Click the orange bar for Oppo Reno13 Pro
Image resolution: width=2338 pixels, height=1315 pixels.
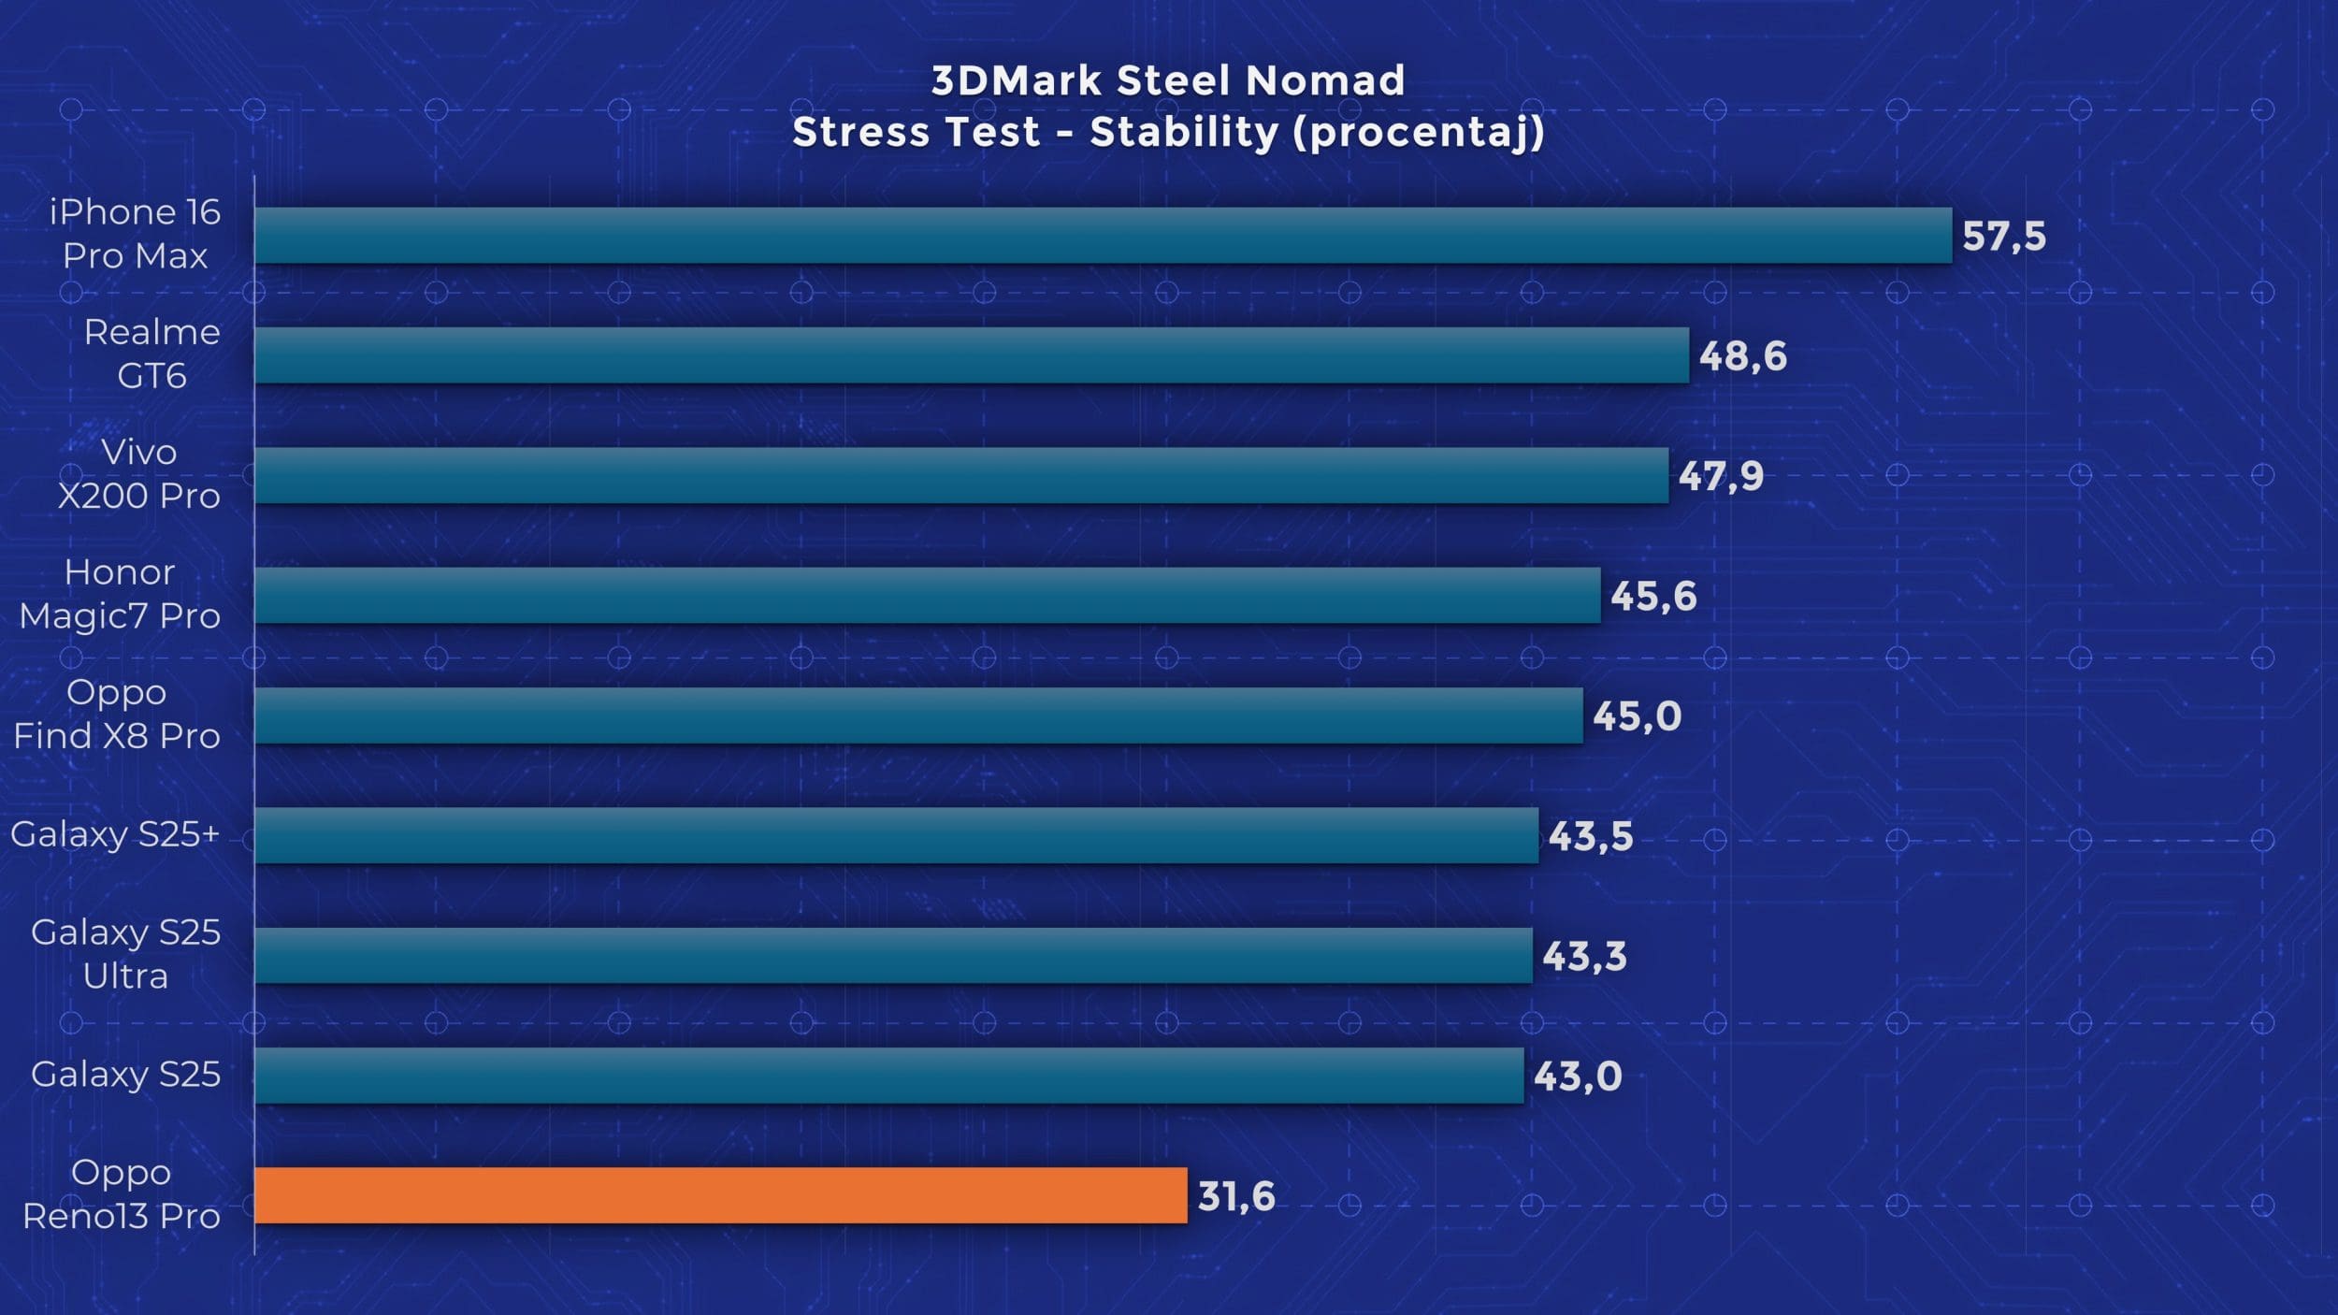click(720, 1195)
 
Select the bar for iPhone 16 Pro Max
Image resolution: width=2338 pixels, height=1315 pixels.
click(1104, 235)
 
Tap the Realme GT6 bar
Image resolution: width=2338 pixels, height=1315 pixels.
click(973, 355)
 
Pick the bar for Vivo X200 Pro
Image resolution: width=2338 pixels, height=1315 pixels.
click(961, 475)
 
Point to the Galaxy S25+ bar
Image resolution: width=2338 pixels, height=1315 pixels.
click(896, 835)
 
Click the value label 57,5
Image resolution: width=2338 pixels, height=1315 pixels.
click(2004, 237)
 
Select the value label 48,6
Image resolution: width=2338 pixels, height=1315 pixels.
click(1742, 356)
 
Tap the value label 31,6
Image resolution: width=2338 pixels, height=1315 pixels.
click(1236, 1196)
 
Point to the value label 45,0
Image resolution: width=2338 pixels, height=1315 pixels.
click(1637, 716)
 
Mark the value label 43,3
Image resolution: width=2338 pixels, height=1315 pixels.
click(1584, 956)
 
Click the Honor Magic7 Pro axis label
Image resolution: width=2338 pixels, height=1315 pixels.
click(120, 594)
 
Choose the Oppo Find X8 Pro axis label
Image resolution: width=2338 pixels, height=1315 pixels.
click(117, 714)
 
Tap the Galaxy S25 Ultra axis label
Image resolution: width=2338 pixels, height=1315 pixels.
click(125, 954)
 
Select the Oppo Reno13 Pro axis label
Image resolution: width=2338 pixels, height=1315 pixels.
click(122, 1194)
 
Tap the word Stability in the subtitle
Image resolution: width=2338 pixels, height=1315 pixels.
click(1183, 133)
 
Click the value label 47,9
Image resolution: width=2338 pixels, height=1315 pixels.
click(1721, 476)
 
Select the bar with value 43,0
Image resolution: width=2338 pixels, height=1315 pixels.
click(888, 1076)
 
